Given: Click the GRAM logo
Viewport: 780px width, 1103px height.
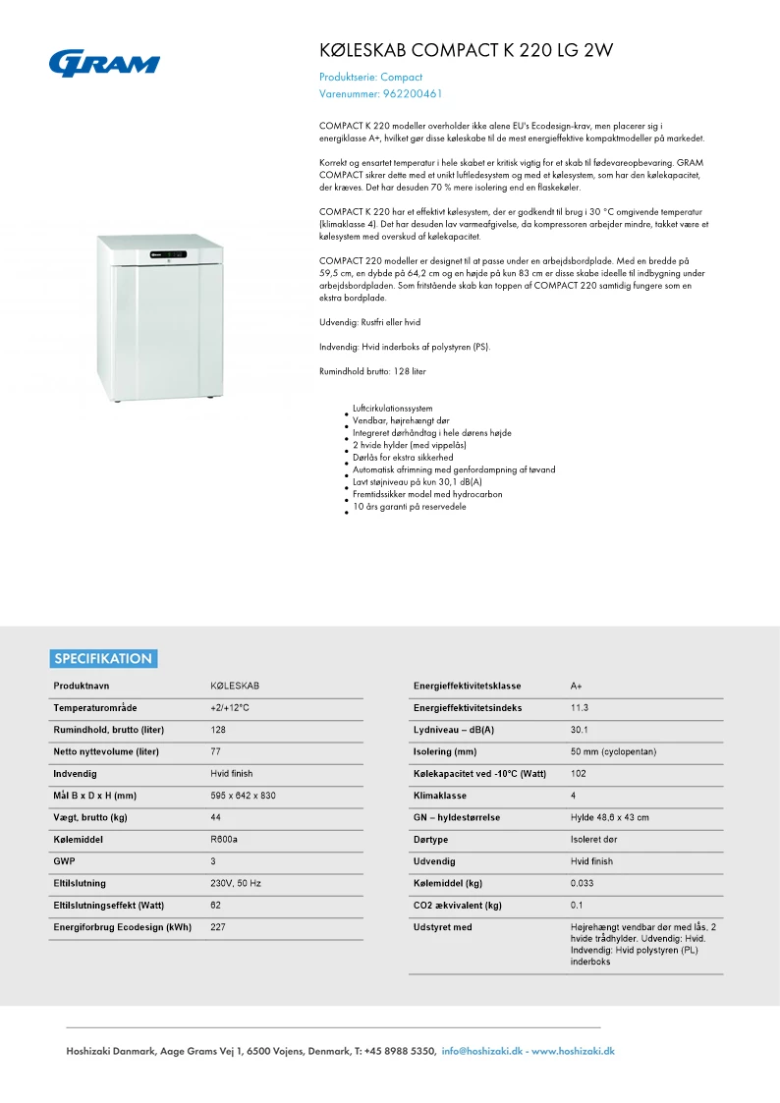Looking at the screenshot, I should [103, 64].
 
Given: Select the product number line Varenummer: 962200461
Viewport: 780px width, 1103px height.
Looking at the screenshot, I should [381, 94].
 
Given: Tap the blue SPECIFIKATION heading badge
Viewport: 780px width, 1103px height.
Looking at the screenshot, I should [103, 659].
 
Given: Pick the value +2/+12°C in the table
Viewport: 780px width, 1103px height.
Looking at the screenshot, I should [230, 707].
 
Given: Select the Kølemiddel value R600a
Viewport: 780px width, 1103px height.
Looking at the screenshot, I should [224, 840].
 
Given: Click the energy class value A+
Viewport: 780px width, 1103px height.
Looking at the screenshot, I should [577, 686].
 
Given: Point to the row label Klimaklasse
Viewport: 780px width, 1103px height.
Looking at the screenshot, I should [440, 796].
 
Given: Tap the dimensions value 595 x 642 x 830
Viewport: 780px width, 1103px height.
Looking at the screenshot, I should [243, 796].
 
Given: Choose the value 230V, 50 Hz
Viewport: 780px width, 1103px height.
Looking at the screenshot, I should [236, 883].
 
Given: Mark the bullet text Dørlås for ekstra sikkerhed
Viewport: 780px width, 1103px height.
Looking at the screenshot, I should [403, 458].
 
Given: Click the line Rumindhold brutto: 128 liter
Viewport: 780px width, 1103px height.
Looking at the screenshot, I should [372, 371].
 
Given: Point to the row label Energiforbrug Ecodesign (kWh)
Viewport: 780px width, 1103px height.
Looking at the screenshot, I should [123, 927].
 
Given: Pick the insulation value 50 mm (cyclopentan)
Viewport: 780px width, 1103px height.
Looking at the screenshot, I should [613, 751].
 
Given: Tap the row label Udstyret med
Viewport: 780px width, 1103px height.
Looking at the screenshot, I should [443, 927].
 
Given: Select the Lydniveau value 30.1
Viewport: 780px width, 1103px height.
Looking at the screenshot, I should [580, 730].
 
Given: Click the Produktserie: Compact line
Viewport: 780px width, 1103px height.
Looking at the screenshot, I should [370, 77].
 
